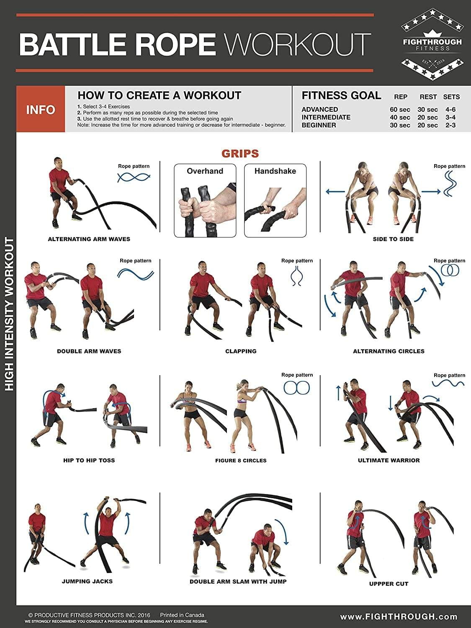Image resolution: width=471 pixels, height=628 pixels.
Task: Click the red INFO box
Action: (41, 110)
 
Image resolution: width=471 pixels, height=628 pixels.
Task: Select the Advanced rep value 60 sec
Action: (400, 110)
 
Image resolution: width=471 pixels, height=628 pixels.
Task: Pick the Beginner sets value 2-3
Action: (450, 125)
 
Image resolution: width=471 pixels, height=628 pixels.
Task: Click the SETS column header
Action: (451, 97)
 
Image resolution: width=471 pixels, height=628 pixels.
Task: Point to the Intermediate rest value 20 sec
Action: (427, 118)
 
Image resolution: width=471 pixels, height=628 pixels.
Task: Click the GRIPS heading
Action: (240, 154)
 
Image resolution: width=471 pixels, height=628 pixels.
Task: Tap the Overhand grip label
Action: (205, 171)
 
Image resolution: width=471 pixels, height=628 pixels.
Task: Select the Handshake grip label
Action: (275, 171)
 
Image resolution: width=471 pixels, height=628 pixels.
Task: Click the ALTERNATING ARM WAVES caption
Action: (89, 239)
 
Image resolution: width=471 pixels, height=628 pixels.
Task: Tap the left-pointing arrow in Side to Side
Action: (335, 192)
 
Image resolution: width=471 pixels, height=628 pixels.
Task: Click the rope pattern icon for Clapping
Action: (297, 276)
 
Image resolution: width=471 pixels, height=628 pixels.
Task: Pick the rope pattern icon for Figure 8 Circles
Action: (296, 388)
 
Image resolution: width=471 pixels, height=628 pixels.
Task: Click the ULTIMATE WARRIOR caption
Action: (389, 460)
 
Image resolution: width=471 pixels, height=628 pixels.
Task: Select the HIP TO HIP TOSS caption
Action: (89, 460)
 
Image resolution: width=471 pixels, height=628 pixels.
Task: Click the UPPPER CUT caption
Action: (389, 584)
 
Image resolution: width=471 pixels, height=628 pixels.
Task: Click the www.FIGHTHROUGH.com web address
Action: (399, 617)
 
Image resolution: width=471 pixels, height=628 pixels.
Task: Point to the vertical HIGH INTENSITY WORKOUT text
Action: (9, 314)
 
